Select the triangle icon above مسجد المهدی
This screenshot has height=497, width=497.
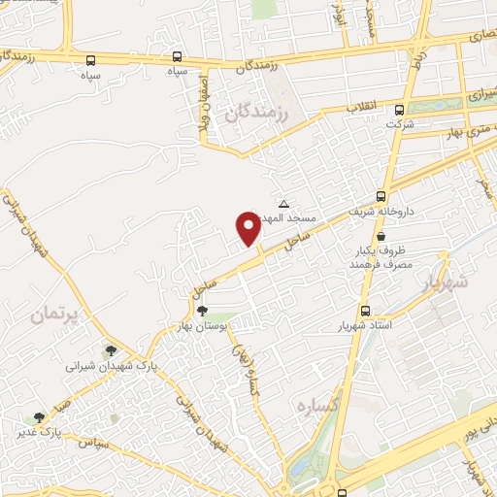[x=283, y=204]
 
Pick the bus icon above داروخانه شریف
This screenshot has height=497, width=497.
[x=381, y=195]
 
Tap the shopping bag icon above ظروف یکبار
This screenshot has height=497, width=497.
[x=380, y=236]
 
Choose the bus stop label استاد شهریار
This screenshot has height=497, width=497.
[x=365, y=325]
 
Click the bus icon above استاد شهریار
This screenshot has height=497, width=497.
[x=365, y=311]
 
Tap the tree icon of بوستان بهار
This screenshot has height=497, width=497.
[x=202, y=311]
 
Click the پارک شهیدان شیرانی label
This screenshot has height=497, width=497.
[x=111, y=366]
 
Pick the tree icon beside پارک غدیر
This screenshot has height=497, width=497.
[x=39, y=416]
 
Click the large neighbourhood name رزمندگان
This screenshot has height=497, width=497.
[x=257, y=113]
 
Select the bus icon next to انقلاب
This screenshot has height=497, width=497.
[x=400, y=109]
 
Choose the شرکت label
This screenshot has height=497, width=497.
[x=399, y=124]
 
